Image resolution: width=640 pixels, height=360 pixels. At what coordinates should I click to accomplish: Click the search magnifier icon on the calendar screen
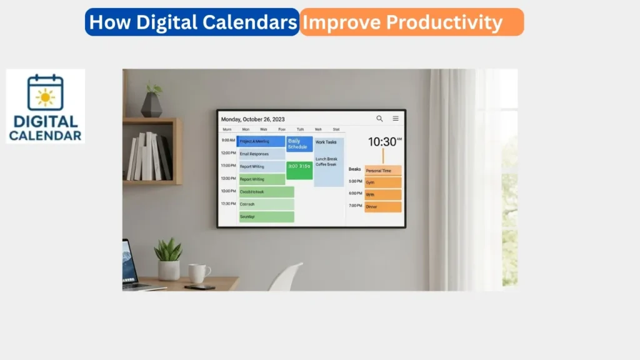click(379, 118)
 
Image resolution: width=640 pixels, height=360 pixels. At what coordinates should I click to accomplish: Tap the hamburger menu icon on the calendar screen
click(396, 118)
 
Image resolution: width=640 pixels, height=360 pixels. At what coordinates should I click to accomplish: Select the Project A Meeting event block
click(261, 141)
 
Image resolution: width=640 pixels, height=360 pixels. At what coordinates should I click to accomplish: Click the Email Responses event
click(262, 153)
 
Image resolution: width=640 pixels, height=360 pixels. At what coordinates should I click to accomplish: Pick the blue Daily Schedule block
click(299, 144)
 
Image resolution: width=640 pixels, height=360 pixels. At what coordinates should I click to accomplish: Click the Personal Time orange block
click(383, 170)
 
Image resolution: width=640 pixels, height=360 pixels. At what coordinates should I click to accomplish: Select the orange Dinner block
click(383, 206)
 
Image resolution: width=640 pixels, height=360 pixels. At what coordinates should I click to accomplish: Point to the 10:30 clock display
click(384, 142)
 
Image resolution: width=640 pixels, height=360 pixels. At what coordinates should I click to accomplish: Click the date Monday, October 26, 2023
click(252, 119)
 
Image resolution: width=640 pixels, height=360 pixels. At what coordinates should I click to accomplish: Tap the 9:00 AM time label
click(228, 141)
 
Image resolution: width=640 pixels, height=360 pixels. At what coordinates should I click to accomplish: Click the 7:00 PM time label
click(356, 206)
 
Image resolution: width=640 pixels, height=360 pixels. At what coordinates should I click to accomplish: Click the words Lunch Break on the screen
click(326, 159)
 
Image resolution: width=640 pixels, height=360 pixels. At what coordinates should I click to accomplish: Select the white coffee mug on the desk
click(199, 273)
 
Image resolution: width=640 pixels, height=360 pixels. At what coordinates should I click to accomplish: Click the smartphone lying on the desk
click(199, 287)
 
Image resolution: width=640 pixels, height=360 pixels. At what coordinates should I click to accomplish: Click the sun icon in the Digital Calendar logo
click(45, 96)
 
